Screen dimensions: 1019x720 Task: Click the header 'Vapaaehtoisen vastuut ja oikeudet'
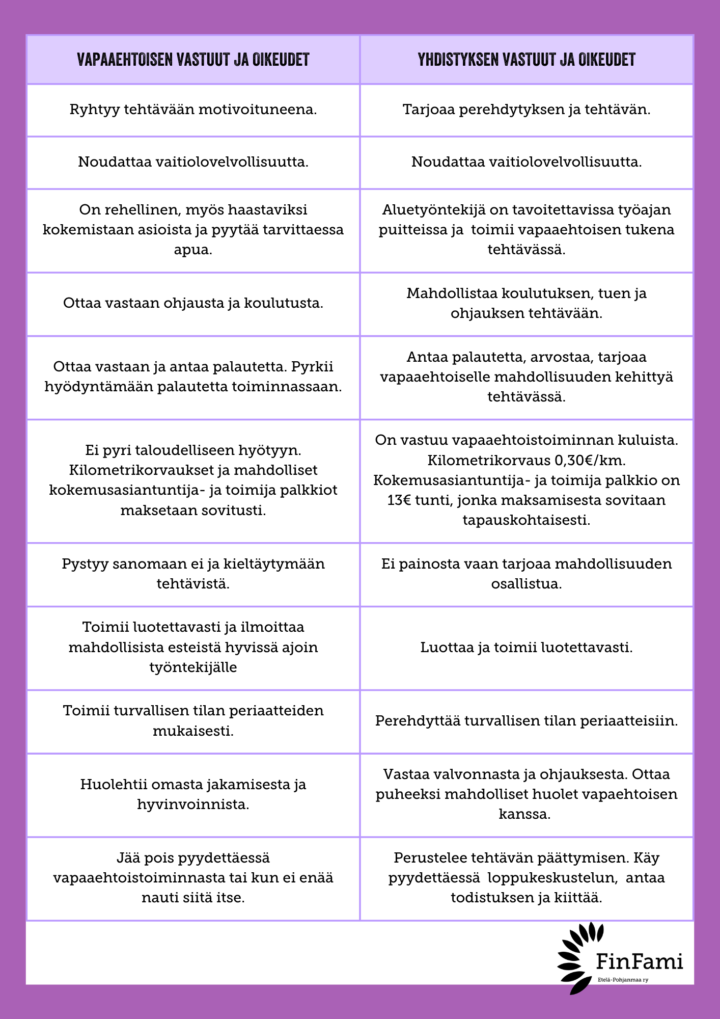pos(193,60)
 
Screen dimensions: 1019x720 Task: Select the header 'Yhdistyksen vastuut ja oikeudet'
pos(527,60)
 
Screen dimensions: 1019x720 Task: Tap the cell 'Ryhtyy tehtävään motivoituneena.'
pos(193,110)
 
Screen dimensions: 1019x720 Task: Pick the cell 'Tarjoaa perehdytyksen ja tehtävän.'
pos(527,110)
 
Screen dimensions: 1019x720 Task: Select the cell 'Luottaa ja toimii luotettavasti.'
pos(527,648)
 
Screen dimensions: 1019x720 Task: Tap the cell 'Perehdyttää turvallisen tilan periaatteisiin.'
pos(527,721)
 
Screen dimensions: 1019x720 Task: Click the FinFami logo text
pos(639,961)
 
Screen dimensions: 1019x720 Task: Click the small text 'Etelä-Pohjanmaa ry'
pos(623,979)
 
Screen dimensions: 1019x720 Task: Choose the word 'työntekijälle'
pos(193,667)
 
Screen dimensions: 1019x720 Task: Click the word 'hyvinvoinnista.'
pos(193,805)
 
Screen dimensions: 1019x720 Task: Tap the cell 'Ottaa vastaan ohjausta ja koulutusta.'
pos(193,303)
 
